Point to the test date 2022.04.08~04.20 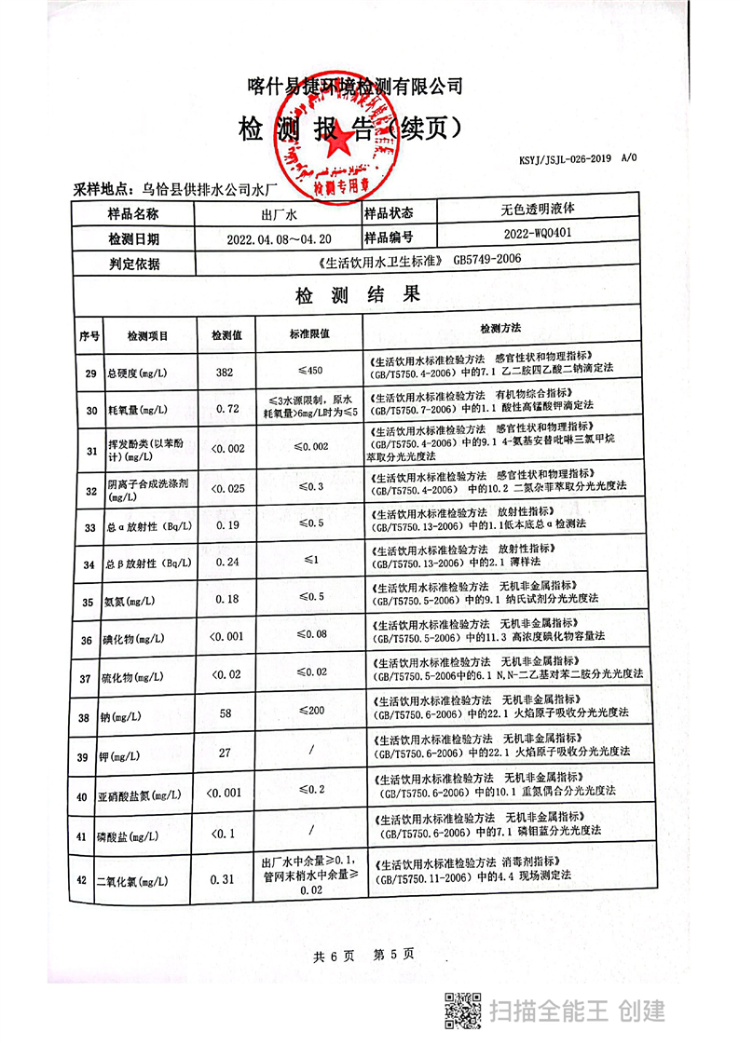279,238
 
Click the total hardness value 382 224,373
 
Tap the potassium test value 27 225,753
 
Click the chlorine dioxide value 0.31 224,878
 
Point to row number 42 89,879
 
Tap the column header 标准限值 310,333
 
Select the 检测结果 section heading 357,296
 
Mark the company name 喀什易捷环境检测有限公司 354,87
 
